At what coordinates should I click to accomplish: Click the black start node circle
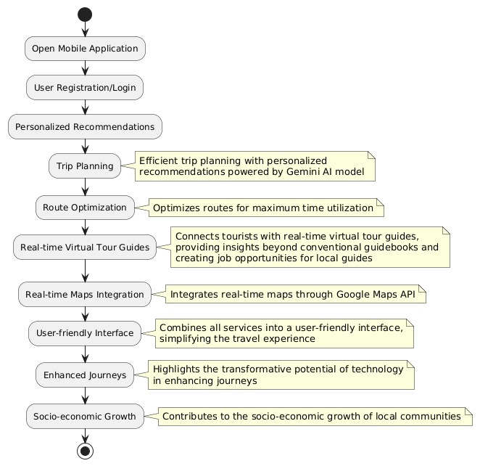[x=85, y=15]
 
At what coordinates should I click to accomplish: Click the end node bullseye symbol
[x=85, y=451]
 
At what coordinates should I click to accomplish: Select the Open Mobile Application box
[x=85, y=49]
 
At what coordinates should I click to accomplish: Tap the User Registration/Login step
[x=85, y=88]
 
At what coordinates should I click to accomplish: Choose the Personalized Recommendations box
[x=85, y=127]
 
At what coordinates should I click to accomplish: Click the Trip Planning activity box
[x=85, y=166]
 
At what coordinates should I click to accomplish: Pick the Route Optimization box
[x=85, y=208]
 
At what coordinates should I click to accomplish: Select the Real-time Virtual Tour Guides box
[x=85, y=248]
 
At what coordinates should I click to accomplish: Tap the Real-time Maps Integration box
[x=85, y=295]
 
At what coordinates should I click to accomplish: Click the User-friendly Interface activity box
[x=85, y=333]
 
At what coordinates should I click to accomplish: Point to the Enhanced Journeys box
[x=85, y=375]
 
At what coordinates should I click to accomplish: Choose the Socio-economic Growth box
[x=85, y=417]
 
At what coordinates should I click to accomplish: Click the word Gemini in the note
[x=301, y=171]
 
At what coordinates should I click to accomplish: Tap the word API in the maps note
[x=407, y=294]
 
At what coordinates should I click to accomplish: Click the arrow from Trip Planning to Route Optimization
[x=85, y=187]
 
